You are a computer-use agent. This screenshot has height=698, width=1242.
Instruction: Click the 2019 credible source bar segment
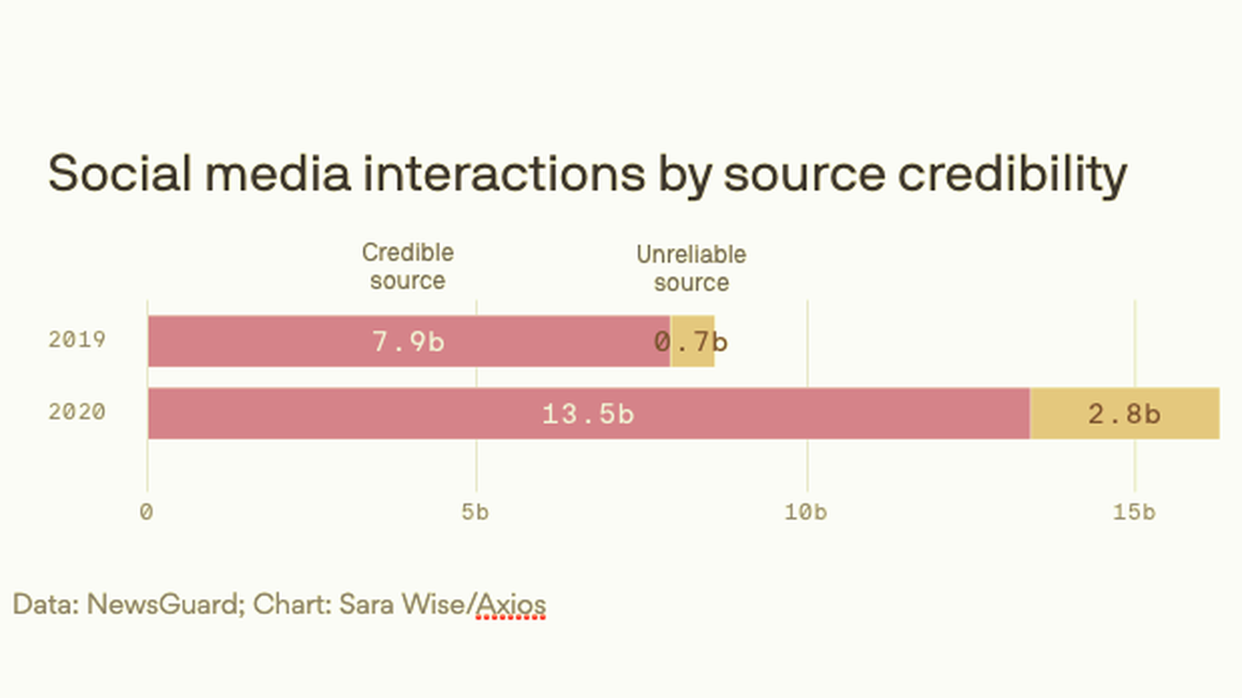[273, 342]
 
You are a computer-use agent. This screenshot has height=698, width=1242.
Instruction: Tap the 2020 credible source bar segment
[364, 414]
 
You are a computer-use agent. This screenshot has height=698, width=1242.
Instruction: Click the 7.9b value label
[408, 342]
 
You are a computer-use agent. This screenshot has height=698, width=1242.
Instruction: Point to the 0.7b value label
[691, 342]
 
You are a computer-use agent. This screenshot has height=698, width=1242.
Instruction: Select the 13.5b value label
[587, 414]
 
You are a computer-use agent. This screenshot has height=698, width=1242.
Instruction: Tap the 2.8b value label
[1124, 414]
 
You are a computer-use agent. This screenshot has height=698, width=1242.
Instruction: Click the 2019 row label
[77, 340]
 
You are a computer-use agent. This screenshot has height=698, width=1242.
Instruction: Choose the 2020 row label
[77, 413]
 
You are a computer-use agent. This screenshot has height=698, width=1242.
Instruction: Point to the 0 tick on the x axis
[146, 513]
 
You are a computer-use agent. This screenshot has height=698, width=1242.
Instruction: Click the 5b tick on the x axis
[475, 513]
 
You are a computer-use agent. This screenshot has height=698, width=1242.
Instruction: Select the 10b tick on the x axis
[806, 513]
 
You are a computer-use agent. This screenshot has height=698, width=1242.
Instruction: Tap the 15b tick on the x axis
[1134, 513]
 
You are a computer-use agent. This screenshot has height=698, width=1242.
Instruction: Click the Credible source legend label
[407, 266]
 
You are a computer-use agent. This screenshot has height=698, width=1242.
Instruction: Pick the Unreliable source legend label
[691, 268]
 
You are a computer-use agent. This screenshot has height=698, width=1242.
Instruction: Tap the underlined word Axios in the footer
[511, 604]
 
